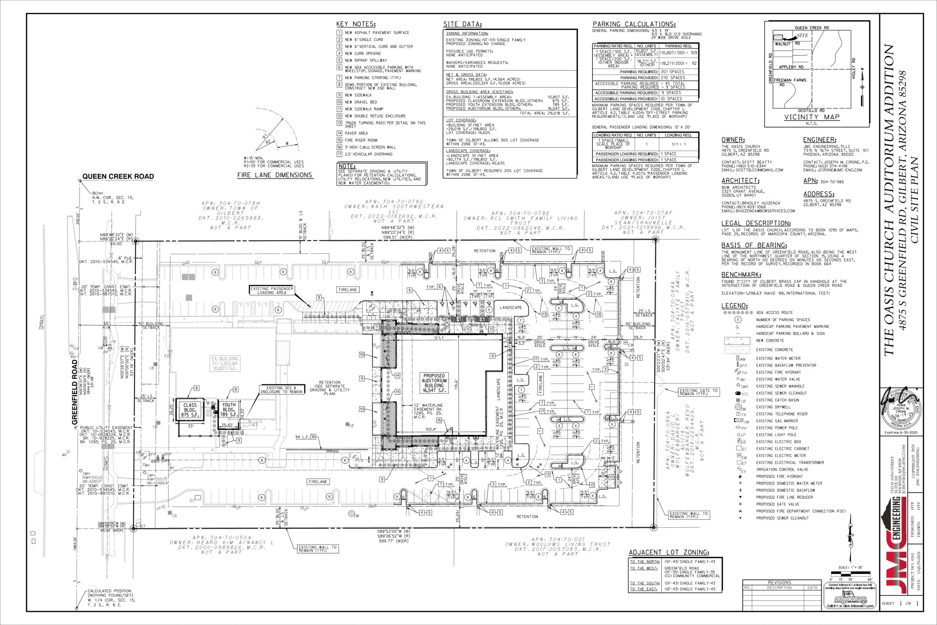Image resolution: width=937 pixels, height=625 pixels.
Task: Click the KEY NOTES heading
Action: click(356, 24)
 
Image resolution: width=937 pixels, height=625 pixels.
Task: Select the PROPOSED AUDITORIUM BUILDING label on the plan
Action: click(434, 383)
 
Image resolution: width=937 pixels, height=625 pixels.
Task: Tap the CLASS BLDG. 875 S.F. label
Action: click(190, 410)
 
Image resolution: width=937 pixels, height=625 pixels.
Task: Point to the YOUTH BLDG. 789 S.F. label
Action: click(229, 409)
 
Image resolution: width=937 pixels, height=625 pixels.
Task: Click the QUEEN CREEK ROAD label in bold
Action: click(118, 176)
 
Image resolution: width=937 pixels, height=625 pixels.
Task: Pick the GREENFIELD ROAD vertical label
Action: click(75, 392)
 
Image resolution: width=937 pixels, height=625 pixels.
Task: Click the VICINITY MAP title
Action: click(811, 117)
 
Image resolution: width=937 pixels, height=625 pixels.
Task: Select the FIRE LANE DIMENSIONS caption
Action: click(275, 175)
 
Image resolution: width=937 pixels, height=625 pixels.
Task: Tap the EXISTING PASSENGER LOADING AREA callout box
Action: click(271, 290)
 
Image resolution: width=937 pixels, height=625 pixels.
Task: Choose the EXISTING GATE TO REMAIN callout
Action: click(698, 392)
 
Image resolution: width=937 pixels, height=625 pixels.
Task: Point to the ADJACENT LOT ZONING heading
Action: click(668, 553)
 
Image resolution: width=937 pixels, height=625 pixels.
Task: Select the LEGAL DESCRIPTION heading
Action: click(756, 223)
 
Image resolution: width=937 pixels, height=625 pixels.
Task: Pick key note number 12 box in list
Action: click(339, 116)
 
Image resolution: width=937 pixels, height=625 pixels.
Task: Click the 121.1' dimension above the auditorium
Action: click(439, 338)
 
